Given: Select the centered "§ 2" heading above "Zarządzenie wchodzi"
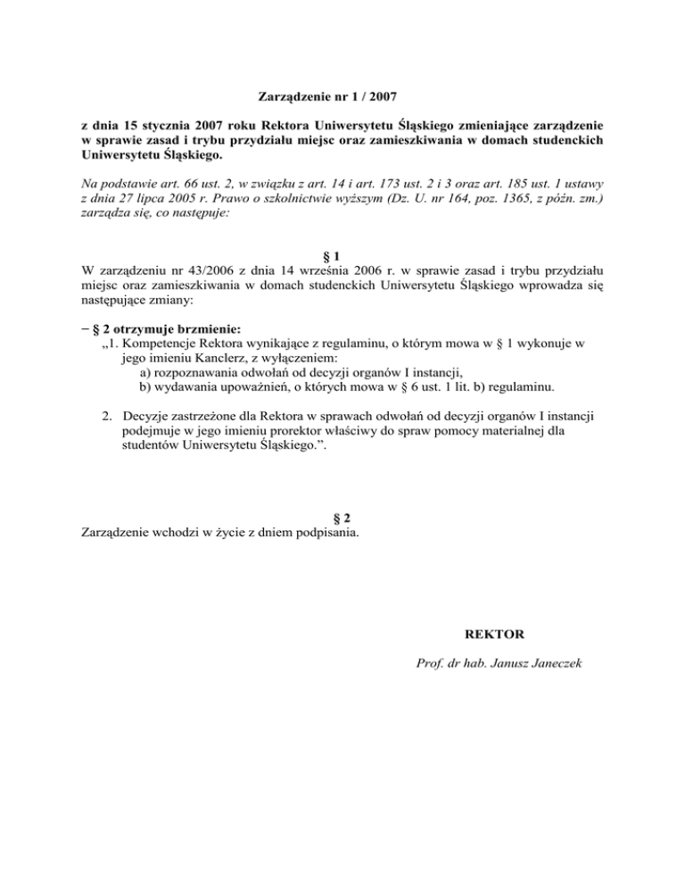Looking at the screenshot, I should click(x=342, y=518).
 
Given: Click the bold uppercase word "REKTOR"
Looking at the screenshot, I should click(x=494, y=634).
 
